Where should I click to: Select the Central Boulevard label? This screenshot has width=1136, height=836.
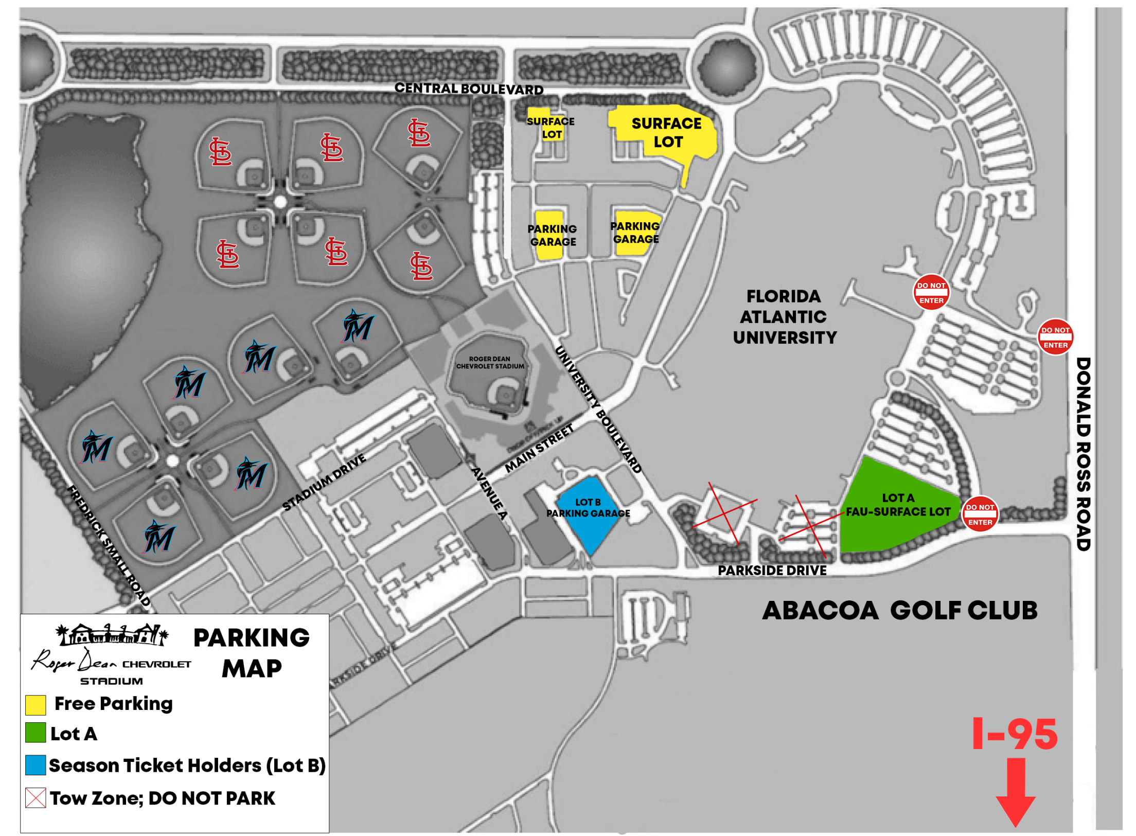pyautogui.click(x=468, y=88)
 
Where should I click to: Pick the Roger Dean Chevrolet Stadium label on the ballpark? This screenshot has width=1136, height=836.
pyautogui.click(x=489, y=362)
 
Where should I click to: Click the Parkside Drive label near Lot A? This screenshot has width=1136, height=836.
pyautogui.click(x=771, y=570)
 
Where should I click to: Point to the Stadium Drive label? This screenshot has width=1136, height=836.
pyautogui.click(x=324, y=482)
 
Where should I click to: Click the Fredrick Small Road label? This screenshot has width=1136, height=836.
pyautogui.click(x=109, y=545)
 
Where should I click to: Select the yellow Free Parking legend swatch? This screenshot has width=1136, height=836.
pyautogui.click(x=35, y=704)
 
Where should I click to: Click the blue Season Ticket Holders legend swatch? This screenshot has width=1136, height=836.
pyautogui.click(x=35, y=764)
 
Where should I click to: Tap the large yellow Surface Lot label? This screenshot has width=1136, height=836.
pyautogui.click(x=666, y=132)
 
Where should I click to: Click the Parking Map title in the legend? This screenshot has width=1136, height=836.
pyautogui.click(x=251, y=652)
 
